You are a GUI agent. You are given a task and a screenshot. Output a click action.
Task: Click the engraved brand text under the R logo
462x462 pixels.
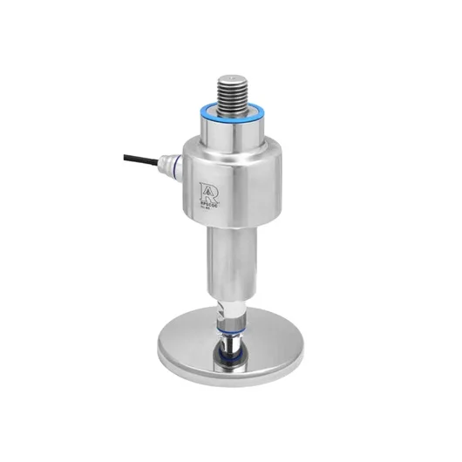tap(208, 204)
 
